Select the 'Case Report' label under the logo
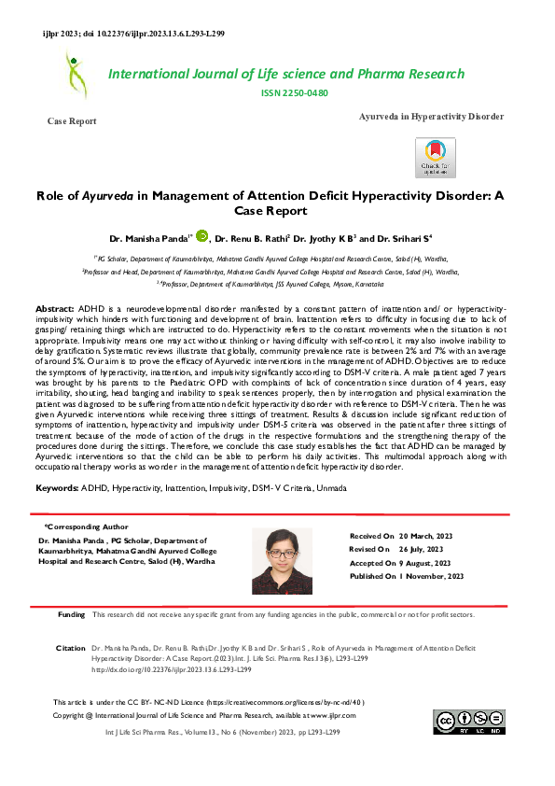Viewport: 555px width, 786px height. point(71,122)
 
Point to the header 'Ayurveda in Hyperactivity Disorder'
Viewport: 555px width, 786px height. point(431,117)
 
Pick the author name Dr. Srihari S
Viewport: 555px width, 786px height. point(385,239)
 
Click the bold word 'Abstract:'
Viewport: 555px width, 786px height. point(55,308)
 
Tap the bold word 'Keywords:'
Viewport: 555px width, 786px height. point(57,488)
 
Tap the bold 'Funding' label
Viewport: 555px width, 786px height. point(72,615)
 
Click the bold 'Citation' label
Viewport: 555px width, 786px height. point(72,646)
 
